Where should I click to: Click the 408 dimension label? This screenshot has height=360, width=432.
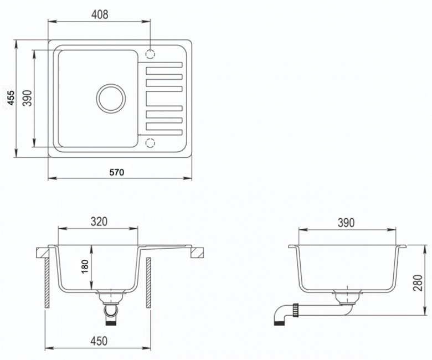pos(100,14)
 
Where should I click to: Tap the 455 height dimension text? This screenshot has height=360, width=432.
pos(11,98)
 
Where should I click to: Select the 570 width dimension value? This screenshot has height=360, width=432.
pos(117,172)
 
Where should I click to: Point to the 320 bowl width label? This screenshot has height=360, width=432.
pos(99,222)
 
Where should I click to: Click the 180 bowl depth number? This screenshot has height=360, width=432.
pos(85,266)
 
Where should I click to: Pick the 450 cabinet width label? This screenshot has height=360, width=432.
pos(99,341)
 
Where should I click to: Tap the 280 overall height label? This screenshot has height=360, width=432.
pos(418,282)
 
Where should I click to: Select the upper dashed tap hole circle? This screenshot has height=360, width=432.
pos(150,54)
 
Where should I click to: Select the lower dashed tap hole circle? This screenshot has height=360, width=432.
pos(150,143)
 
